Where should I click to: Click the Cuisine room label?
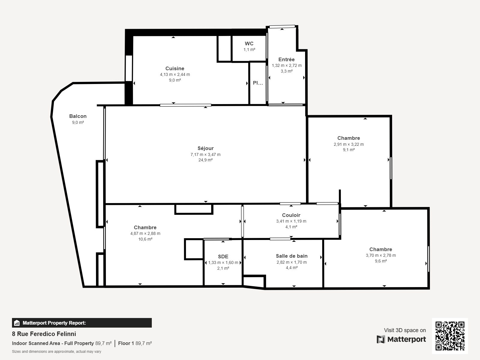(x=175, y=68)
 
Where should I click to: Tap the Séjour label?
(x=205, y=148)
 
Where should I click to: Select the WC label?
(x=249, y=43)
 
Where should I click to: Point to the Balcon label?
(x=78, y=116)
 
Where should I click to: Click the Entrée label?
(x=286, y=59)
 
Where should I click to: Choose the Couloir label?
(x=291, y=215)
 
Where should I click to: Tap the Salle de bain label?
(x=292, y=256)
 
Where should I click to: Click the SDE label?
(x=223, y=256)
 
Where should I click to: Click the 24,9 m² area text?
(x=205, y=160)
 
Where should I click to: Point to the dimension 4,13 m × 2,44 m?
(x=175, y=74)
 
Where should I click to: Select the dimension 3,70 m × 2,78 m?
(x=381, y=255)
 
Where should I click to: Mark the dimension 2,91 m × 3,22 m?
(x=349, y=144)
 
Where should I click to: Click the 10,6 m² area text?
(x=145, y=239)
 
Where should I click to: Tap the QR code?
(x=450, y=336)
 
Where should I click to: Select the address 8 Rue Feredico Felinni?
(x=44, y=334)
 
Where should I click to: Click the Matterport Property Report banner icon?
(x=16, y=323)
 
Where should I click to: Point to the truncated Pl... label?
(x=258, y=83)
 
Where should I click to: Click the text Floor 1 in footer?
(x=126, y=343)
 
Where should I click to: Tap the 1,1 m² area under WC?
(x=249, y=49)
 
